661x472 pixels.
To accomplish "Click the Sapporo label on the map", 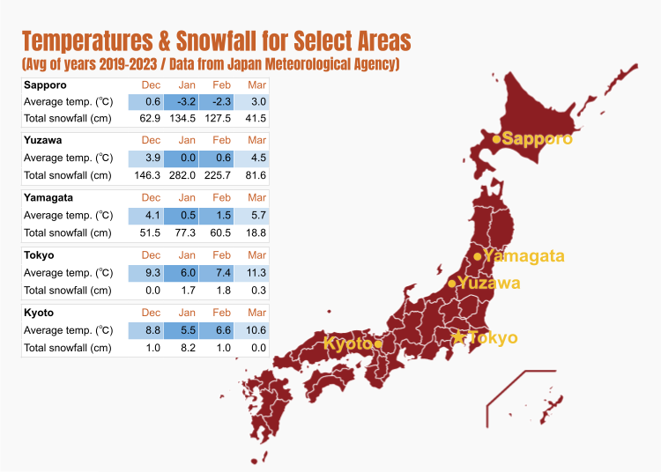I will (x=537, y=138).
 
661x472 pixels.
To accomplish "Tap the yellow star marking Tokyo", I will (x=457, y=337).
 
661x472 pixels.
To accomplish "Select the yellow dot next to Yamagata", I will (x=478, y=256).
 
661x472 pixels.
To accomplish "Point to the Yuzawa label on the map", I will (x=488, y=283).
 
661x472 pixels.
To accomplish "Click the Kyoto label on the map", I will (x=348, y=343).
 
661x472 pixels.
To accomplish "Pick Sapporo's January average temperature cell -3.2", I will (x=186, y=101).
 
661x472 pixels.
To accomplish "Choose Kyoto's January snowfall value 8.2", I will (x=186, y=348).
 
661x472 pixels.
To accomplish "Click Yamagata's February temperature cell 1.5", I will (x=221, y=216).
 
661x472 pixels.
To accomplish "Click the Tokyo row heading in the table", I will (x=39, y=255).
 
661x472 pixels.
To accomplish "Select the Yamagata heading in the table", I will (x=48, y=197).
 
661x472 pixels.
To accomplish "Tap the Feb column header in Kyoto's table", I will (x=221, y=313).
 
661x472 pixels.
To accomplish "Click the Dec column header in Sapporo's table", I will (x=151, y=85).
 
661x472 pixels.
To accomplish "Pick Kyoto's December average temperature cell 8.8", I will (x=151, y=330).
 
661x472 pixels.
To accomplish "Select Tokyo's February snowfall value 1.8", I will (x=221, y=290).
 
